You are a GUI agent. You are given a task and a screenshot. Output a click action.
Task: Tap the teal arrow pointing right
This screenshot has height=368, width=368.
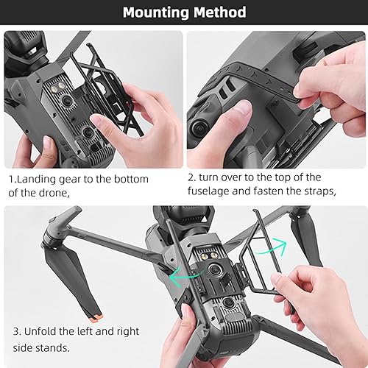click(x=274, y=245)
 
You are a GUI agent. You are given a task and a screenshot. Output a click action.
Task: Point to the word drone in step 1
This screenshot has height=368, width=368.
click(x=70, y=193)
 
